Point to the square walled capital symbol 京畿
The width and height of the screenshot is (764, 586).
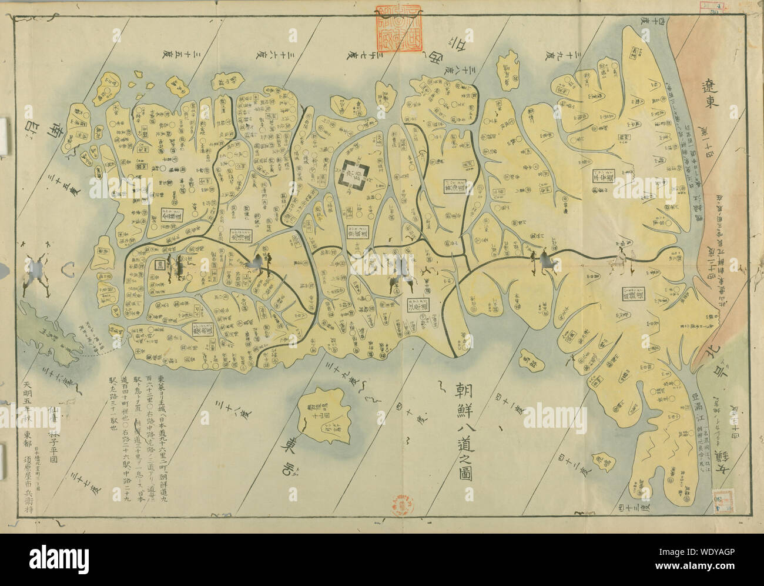coord(356,175)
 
